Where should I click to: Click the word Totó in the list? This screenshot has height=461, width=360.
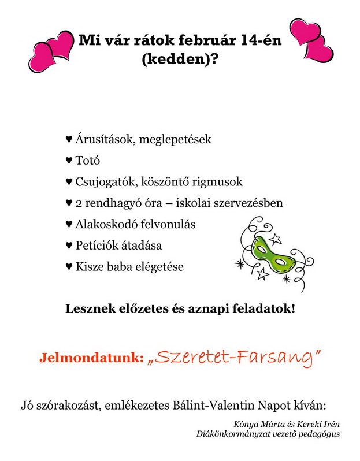coord(87,161)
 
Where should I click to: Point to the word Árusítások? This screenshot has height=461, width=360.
coord(103,140)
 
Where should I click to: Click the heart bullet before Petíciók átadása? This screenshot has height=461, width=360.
coord(69,246)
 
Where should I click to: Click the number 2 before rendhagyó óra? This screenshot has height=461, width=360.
coord(79,203)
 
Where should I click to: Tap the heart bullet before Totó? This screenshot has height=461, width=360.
coord(69,161)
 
